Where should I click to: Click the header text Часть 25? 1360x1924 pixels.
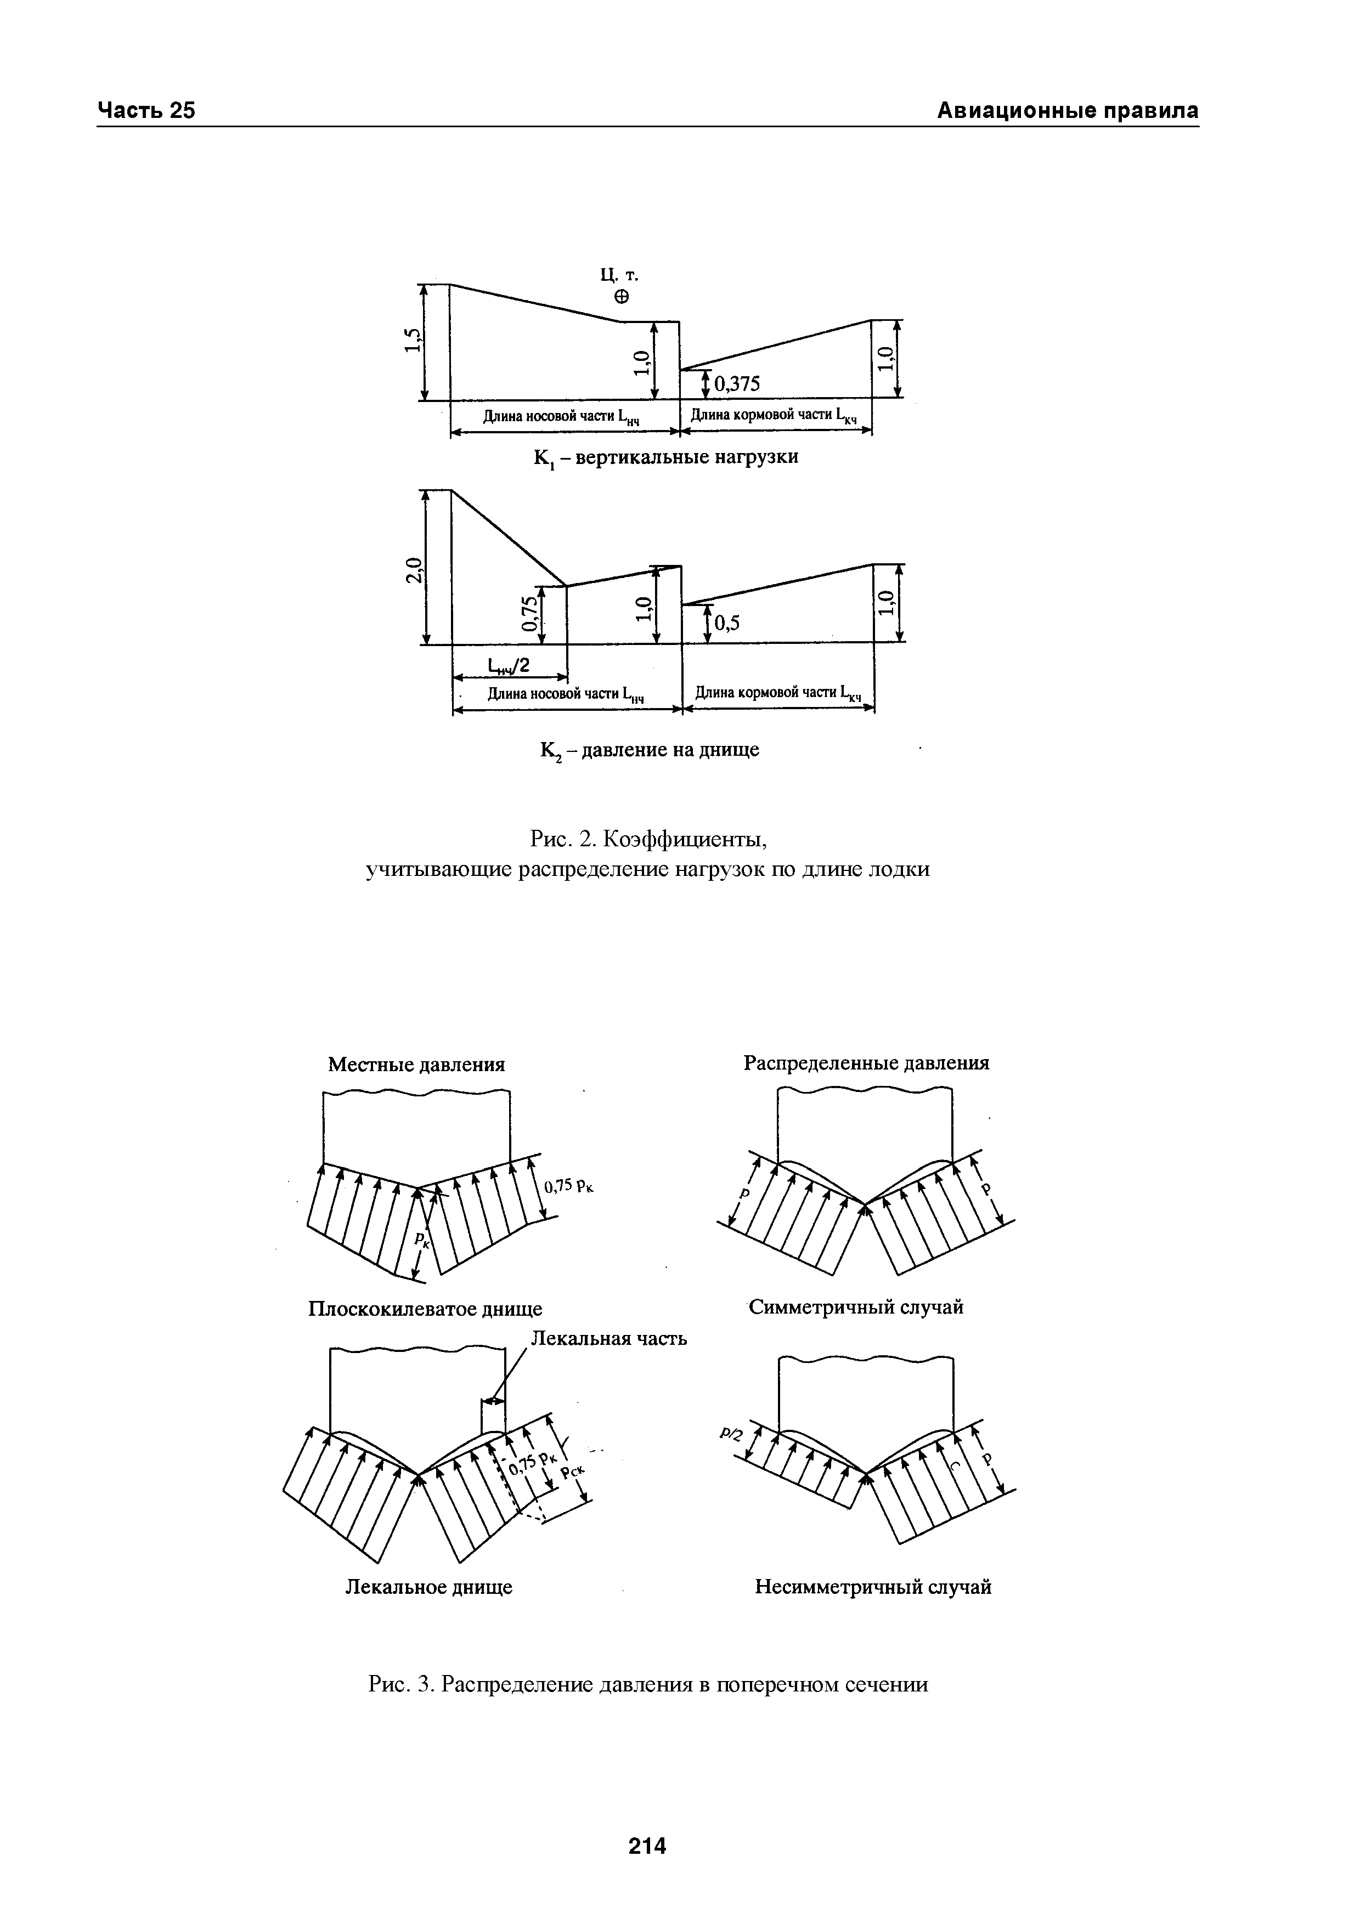pos(146,111)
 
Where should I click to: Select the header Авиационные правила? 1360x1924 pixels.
pos(1066,111)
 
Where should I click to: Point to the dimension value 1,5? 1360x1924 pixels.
pos(411,342)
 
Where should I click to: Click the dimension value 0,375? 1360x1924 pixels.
pos(737,384)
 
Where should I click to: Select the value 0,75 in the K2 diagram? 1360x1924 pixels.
pos(528,614)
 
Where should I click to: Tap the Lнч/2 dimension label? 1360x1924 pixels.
pos(510,665)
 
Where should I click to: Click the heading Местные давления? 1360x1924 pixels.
pos(416,1064)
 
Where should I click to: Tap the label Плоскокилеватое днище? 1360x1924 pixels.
pos(426,1308)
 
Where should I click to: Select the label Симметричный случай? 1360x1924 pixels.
pos(855,1307)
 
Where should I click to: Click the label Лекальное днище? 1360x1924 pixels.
pos(429,1587)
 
